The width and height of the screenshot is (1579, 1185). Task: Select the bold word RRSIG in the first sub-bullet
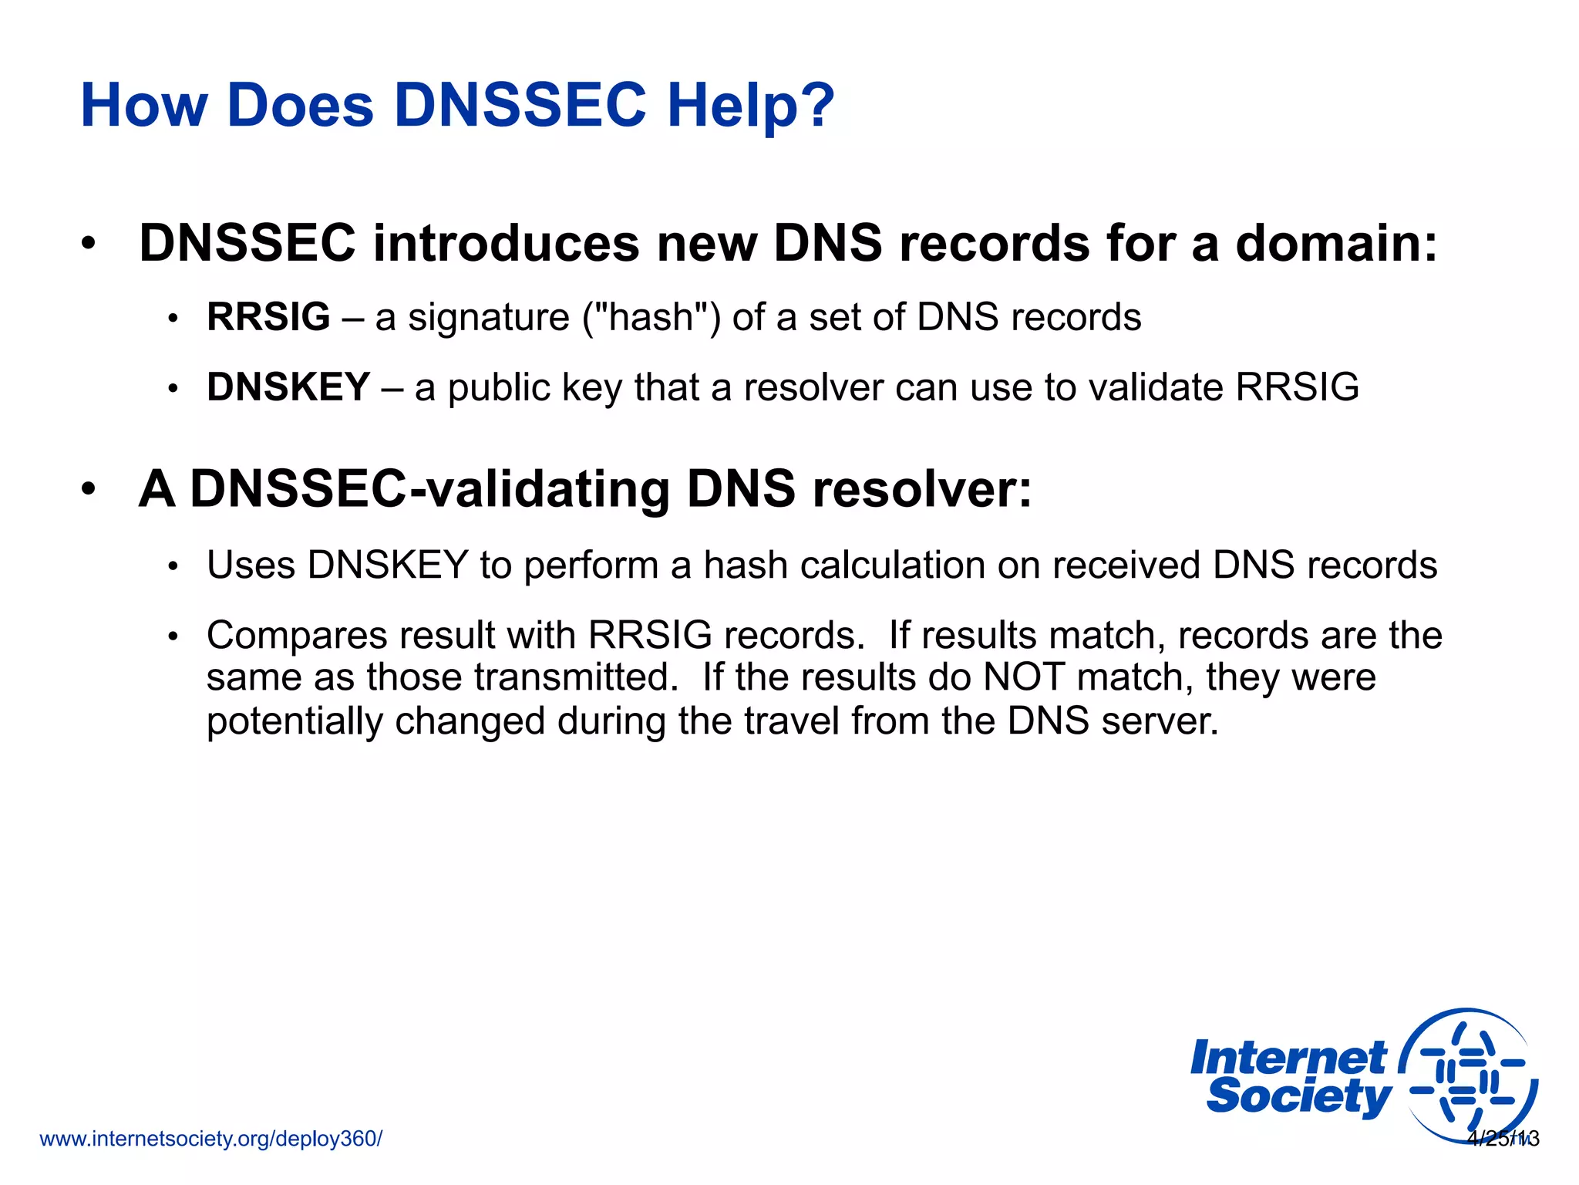click(268, 317)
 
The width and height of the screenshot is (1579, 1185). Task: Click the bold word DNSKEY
click(288, 387)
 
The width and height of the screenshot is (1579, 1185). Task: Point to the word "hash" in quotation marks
click(651, 317)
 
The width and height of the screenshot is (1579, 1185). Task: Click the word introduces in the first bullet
click(506, 243)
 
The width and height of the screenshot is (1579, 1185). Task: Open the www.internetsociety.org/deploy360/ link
click(210, 1139)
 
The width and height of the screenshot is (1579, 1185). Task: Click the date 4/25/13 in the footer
click(1503, 1139)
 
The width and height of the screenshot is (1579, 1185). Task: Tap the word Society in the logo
click(1299, 1096)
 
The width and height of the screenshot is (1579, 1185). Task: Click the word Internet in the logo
click(1288, 1058)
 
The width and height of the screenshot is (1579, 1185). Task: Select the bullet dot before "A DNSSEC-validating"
click(89, 489)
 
